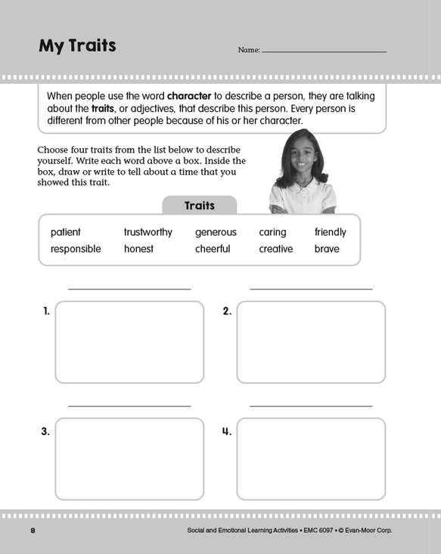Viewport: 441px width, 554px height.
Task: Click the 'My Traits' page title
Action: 77,46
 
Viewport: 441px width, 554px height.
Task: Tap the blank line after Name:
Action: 325,52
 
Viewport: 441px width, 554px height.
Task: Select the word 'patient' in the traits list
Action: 65,232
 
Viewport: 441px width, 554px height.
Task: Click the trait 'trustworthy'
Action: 148,232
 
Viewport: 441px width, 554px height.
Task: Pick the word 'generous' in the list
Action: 216,233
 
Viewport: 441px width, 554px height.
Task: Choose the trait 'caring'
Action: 272,233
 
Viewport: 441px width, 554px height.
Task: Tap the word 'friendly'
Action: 331,232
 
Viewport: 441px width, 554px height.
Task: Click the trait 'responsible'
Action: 76,249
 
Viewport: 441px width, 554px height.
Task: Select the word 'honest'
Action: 138,249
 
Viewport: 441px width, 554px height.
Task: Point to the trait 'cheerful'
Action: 213,249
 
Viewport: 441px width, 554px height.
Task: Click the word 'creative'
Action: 276,249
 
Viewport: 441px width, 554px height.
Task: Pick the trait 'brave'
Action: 327,249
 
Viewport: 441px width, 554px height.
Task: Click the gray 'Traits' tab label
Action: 200,206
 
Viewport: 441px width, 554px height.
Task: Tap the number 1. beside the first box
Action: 46,311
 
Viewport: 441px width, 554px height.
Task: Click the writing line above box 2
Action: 311,289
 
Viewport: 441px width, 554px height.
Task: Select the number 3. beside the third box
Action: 45,432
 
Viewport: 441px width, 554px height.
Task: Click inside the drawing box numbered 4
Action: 311,459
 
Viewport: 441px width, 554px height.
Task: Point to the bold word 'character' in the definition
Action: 189,96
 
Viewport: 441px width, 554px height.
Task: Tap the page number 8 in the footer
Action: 33,531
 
